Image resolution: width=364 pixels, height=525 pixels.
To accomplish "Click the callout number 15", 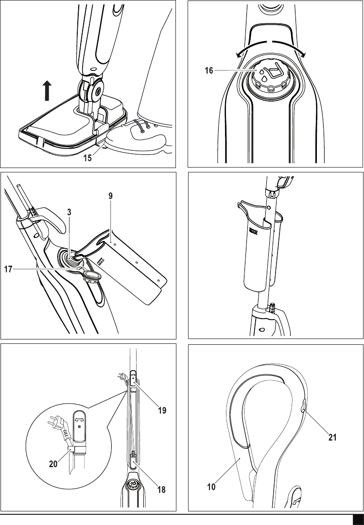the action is pyautogui.click(x=87, y=158).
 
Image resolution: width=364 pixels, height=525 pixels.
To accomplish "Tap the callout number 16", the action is pyautogui.click(x=209, y=70).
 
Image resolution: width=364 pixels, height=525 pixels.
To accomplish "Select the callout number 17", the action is pyautogui.click(x=8, y=269).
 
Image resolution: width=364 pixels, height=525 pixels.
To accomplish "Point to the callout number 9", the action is pyautogui.click(x=110, y=196).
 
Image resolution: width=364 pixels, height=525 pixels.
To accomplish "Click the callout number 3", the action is pyautogui.click(x=69, y=212).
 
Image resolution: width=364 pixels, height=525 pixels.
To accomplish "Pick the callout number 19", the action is pyautogui.click(x=162, y=410).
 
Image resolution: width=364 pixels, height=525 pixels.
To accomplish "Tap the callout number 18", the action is pyautogui.click(x=161, y=490).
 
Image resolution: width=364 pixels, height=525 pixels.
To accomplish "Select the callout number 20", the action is pyautogui.click(x=53, y=464).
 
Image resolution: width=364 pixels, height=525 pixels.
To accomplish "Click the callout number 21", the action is pyautogui.click(x=332, y=437).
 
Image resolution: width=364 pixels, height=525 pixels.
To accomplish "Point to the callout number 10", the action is pyautogui.click(x=211, y=487).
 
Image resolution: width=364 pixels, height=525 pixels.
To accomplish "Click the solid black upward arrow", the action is pyautogui.click(x=47, y=91).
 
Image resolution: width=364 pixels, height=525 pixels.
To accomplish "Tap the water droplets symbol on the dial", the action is pyautogui.click(x=262, y=75).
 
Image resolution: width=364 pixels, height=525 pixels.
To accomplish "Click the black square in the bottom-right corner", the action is pyautogui.click(x=358, y=520).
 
